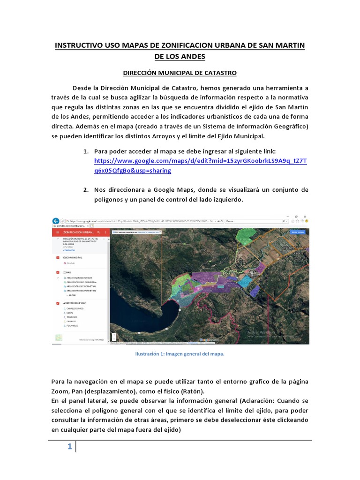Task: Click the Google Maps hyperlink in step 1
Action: pyautogui.click(x=201, y=161)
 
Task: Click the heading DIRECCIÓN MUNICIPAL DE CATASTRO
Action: pyautogui.click(x=180, y=73)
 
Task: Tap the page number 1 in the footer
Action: pyautogui.click(x=69, y=447)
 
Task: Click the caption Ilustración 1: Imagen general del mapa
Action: pyautogui.click(x=180, y=354)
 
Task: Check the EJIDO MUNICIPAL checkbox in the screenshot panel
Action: pyautogui.click(x=58, y=257)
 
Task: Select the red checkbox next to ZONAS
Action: pyautogui.click(x=58, y=272)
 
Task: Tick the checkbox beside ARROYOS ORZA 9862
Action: pyautogui.click(x=58, y=303)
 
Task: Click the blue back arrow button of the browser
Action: pyautogui.click(x=56, y=220)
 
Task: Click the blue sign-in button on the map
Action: pyautogui.click(x=298, y=232)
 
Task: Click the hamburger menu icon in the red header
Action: pyautogui.click(x=57, y=232)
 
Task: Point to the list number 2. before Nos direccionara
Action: pyautogui.click(x=86, y=190)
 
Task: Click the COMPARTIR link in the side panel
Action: pyautogui.click(x=69, y=250)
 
